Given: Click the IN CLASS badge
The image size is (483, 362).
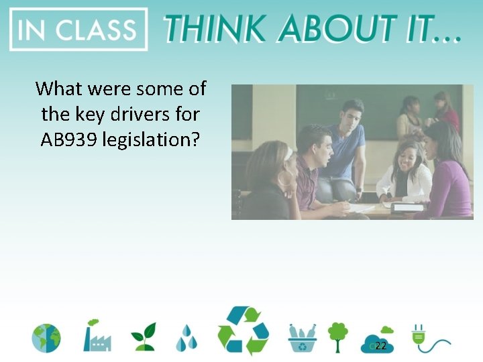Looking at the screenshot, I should tap(78, 29).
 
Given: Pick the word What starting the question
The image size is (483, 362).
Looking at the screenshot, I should tap(58, 88).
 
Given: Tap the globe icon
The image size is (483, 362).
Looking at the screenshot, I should tap(46, 339).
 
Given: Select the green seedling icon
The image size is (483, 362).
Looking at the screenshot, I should tap(143, 337).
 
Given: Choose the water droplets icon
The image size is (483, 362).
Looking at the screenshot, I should tap(186, 339).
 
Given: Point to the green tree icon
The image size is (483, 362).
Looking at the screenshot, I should tap(338, 337).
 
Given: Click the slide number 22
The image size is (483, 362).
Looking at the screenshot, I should tap(380, 346).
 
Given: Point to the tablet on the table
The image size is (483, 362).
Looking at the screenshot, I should tap(409, 208).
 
